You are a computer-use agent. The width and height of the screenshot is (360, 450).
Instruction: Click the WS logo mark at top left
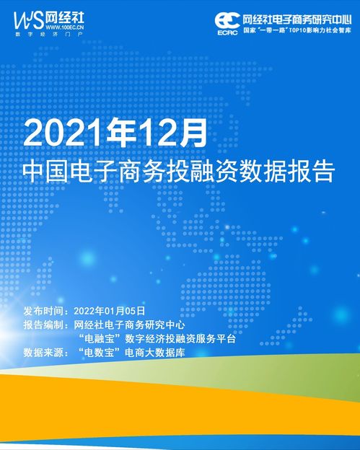coord(27,16)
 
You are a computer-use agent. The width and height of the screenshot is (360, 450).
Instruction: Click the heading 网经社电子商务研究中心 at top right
coord(297,17)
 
